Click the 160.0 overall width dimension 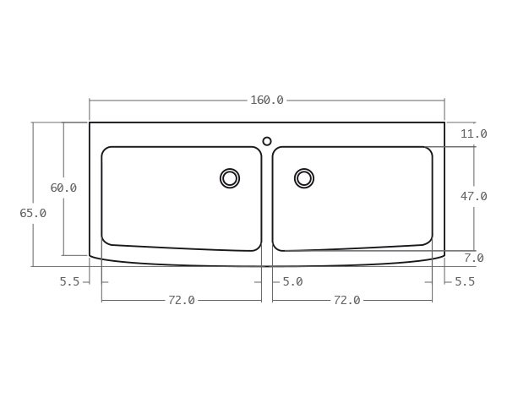(266, 101)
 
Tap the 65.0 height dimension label (33, 214)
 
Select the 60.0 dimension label (63, 188)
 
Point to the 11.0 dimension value (473, 134)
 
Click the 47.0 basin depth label (473, 197)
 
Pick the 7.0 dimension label (473, 258)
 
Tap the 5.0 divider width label (292, 282)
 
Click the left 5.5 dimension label (69, 282)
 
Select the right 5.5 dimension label (465, 282)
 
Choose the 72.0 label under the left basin (181, 300)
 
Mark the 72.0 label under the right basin (346, 300)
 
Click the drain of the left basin (230, 178)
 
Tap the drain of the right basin (304, 178)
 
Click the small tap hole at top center (267, 141)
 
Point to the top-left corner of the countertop (90, 123)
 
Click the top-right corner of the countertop (444, 123)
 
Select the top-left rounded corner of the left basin (106, 151)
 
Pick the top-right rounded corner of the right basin (428, 151)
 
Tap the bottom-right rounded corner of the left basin (257, 247)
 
